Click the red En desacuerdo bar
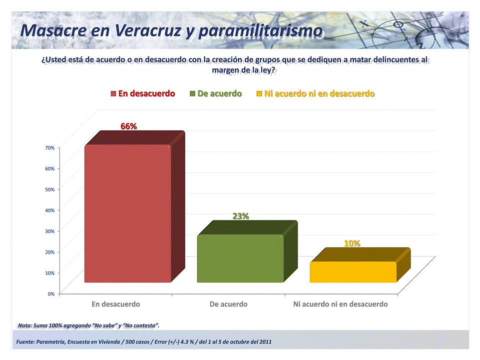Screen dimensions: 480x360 (x=135, y=207)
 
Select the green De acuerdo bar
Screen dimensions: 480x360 (x=247, y=252)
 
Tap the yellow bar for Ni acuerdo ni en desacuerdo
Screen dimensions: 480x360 (x=360, y=265)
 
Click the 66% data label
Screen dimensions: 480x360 (x=128, y=126)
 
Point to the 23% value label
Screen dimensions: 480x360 (x=241, y=216)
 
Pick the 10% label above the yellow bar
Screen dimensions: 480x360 (x=352, y=243)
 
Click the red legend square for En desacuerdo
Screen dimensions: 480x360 (x=113, y=94)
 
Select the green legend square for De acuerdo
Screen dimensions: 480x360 (x=192, y=94)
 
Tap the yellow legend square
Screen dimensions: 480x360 (x=259, y=94)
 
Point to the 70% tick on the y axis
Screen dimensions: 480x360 (x=50, y=148)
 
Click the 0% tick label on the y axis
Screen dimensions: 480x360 (x=51, y=294)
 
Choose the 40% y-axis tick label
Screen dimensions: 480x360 (x=50, y=210)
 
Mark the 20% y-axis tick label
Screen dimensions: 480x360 (x=50, y=252)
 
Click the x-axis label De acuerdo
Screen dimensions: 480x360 (x=228, y=304)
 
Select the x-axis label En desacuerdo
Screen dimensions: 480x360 (x=116, y=304)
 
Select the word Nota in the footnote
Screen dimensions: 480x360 (x=24, y=326)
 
